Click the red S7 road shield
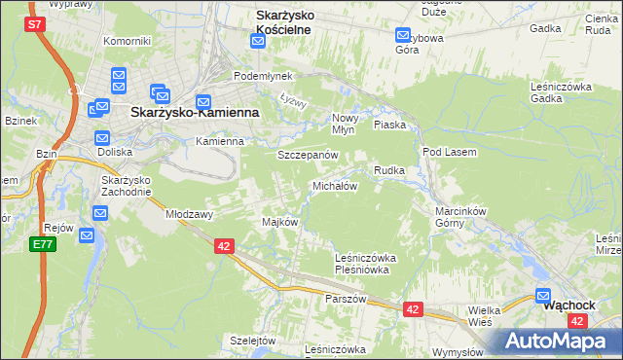pyautogui.click(x=36, y=23)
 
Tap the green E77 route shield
pyautogui.click(x=42, y=244)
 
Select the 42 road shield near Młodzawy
pyautogui.click(x=224, y=247)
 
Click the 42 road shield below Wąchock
pyautogui.click(x=579, y=320)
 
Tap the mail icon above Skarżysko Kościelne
pyautogui.click(x=257, y=41)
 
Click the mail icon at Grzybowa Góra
pyautogui.click(x=403, y=36)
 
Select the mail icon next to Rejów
pyautogui.click(x=87, y=234)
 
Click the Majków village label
pyautogui.click(x=279, y=222)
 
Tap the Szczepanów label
pyautogui.click(x=308, y=155)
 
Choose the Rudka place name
pyautogui.click(x=389, y=170)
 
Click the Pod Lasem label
pyautogui.click(x=446, y=152)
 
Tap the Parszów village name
pyautogui.click(x=346, y=299)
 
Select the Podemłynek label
pyautogui.click(x=256, y=76)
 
